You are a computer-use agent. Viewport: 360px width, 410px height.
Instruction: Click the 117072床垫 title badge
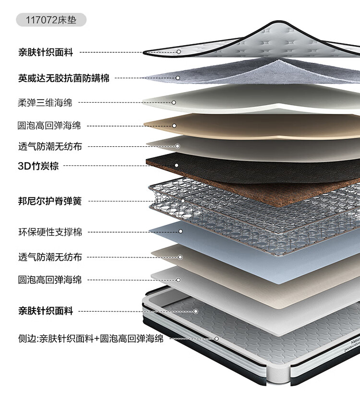51,20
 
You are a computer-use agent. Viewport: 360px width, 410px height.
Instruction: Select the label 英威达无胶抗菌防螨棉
64,78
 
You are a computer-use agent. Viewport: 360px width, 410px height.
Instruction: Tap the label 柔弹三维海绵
45,103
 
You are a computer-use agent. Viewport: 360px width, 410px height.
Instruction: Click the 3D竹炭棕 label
38,166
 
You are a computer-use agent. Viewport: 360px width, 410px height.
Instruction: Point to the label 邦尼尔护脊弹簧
50,201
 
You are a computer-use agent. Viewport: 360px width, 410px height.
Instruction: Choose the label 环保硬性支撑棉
50,232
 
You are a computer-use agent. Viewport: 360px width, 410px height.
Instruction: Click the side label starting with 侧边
91,339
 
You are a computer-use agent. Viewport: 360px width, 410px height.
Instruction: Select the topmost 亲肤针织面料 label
46,52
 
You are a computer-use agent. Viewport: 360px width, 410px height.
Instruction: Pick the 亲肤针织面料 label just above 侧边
46,311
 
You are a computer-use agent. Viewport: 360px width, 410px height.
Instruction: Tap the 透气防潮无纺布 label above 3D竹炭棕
50,146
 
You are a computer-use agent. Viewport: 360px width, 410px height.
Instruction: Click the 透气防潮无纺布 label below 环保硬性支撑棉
50,257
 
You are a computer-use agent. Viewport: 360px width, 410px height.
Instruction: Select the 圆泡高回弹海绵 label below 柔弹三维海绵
49,126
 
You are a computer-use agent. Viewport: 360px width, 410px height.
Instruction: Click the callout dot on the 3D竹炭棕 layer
177,165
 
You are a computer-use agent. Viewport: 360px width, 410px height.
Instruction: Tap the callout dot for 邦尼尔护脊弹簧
183,201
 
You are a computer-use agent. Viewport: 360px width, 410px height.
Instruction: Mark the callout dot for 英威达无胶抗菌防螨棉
178,78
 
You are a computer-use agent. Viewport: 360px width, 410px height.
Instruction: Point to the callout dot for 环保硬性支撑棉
180,232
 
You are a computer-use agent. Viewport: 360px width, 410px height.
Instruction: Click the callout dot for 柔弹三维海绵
174,103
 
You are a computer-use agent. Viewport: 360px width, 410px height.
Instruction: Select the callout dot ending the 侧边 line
217,339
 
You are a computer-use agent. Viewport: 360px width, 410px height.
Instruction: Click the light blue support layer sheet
236,251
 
